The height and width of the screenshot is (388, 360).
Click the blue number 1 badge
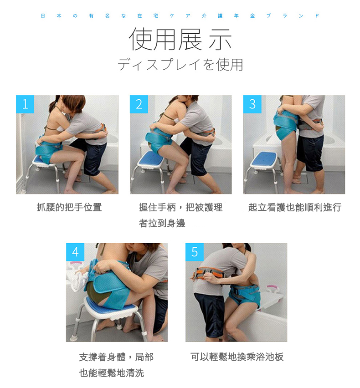[x=25, y=104]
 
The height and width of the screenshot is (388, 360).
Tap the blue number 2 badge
[x=139, y=104]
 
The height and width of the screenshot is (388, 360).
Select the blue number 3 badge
[x=252, y=104]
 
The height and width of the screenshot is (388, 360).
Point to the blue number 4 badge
[x=75, y=252]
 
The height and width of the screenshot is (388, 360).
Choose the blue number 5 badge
[x=195, y=252]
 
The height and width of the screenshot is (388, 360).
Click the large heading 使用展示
[x=180, y=39]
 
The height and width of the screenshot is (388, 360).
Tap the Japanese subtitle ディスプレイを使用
[x=180, y=65]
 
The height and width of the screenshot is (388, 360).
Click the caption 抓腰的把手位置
[x=69, y=207]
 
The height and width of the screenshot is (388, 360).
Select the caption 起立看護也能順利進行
[x=295, y=207]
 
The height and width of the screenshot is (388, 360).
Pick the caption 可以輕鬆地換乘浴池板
[x=237, y=357]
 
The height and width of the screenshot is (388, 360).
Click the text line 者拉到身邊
[x=162, y=223]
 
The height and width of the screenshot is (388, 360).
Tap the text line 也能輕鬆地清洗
[x=111, y=373]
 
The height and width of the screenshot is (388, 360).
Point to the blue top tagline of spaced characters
[x=180, y=16]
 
